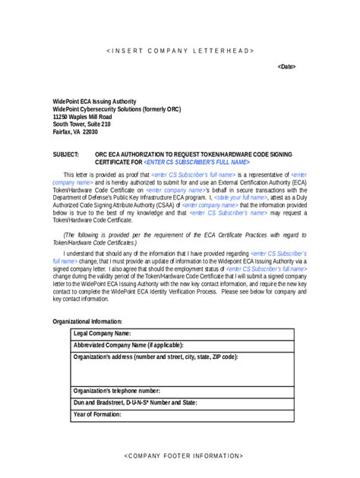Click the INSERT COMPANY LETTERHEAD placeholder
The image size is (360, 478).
[x=180, y=50]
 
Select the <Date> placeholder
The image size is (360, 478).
[x=286, y=67]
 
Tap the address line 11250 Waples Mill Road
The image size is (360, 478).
[x=82, y=117]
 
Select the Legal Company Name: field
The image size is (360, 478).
[x=102, y=333]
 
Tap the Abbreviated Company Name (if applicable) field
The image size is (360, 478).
[x=128, y=344]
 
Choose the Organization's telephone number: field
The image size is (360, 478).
[x=116, y=390]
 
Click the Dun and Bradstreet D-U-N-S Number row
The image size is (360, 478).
[x=134, y=402]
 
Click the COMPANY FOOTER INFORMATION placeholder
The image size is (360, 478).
[x=183, y=455]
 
